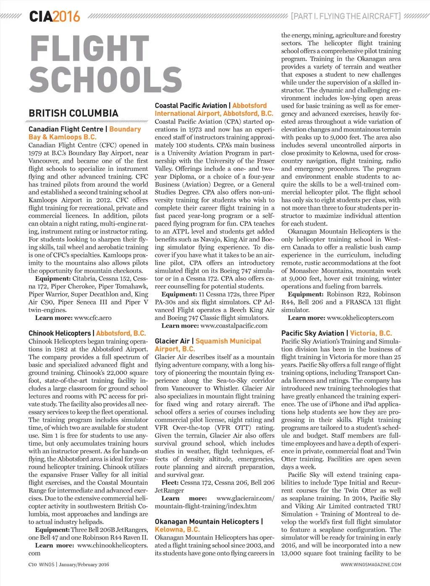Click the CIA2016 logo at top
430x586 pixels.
54,17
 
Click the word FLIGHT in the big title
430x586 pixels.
89,49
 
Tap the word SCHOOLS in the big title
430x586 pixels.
105,80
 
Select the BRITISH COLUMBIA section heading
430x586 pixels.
73,113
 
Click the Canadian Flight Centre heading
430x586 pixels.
66,129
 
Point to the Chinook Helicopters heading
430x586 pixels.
60,333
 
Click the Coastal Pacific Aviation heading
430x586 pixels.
191,106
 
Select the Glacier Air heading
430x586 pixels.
172,341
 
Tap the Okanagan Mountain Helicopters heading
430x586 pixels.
207,522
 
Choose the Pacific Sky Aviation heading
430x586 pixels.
312,333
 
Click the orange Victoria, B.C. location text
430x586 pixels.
371,333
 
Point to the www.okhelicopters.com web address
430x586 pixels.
360,318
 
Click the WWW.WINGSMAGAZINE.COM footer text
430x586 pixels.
371,565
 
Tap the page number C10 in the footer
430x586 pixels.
32,565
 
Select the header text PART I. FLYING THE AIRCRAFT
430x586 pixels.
346,16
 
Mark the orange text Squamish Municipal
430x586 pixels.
228,341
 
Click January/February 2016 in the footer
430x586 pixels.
84,565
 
